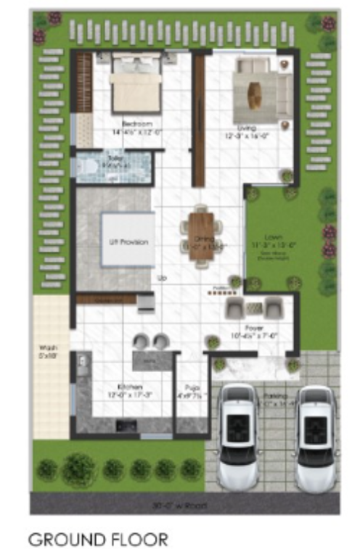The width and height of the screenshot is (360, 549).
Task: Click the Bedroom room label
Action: (x=131, y=123)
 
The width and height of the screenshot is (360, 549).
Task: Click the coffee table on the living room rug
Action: (x=255, y=94)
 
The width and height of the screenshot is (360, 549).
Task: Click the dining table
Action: (x=201, y=234)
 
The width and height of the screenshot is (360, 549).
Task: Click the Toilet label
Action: (x=115, y=157)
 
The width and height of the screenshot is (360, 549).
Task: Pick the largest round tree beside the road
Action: (x=78, y=470)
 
